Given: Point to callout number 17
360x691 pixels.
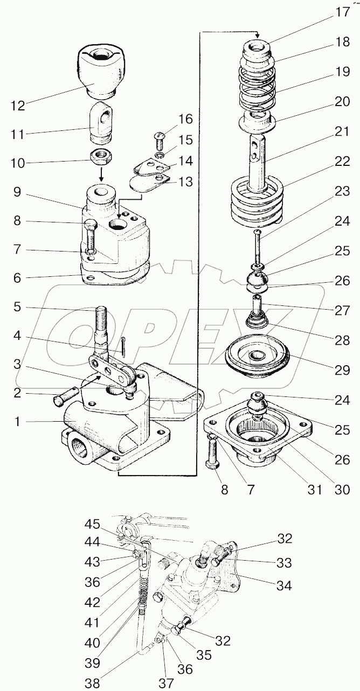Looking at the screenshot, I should click(x=342, y=12).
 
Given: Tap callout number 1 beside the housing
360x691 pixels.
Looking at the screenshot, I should click(x=18, y=422).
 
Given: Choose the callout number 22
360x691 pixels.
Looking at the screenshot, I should click(x=342, y=162).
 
